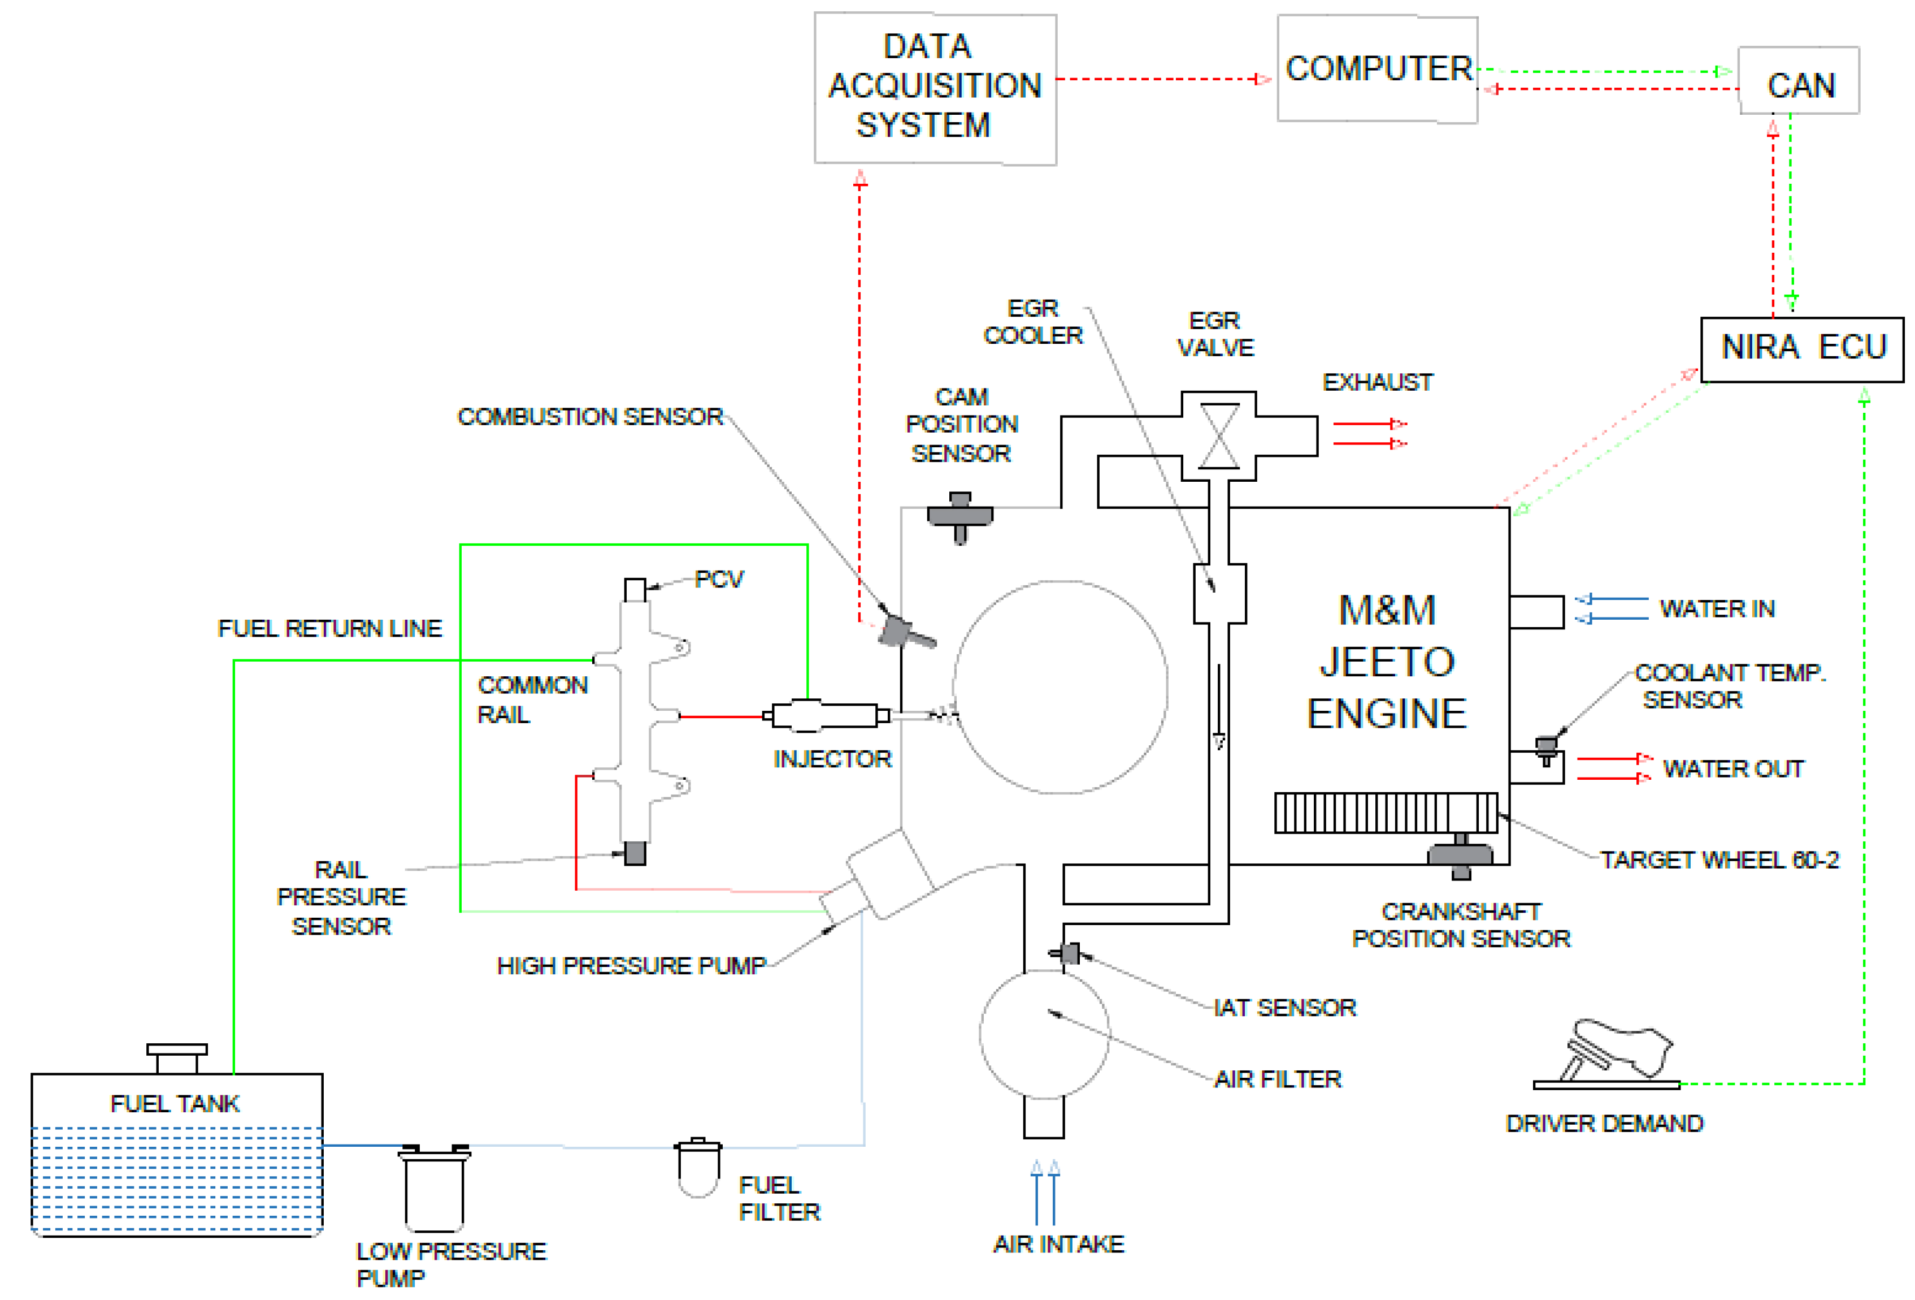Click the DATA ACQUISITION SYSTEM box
935,88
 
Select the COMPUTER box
1377,69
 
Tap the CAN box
1798,81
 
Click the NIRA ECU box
1801,349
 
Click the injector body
824,715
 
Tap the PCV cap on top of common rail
635,590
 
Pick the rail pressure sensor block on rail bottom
635,852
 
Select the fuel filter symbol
697,1167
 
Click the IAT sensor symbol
1068,954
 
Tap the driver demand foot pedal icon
1615,1051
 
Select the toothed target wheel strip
1384,813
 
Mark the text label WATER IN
1717,609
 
